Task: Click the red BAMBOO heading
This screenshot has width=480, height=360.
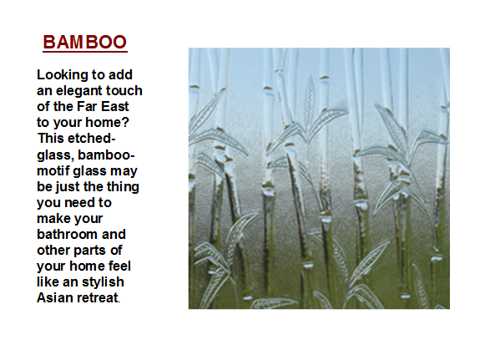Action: click(x=85, y=42)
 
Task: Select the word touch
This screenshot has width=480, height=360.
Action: click(x=120, y=90)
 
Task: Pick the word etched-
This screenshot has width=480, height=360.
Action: click(x=92, y=138)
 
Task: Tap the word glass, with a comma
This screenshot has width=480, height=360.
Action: click(x=56, y=155)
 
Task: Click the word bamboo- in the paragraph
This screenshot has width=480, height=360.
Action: click(x=106, y=155)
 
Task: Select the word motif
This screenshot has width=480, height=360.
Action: click(x=53, y=170)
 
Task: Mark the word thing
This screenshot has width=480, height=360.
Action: click(x=123, y=187)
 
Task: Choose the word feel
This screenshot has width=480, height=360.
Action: click(x=119, y=266)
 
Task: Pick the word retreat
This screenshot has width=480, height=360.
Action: click(x=98, y=298)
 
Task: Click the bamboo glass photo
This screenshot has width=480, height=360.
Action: click(x=319, y=178)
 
